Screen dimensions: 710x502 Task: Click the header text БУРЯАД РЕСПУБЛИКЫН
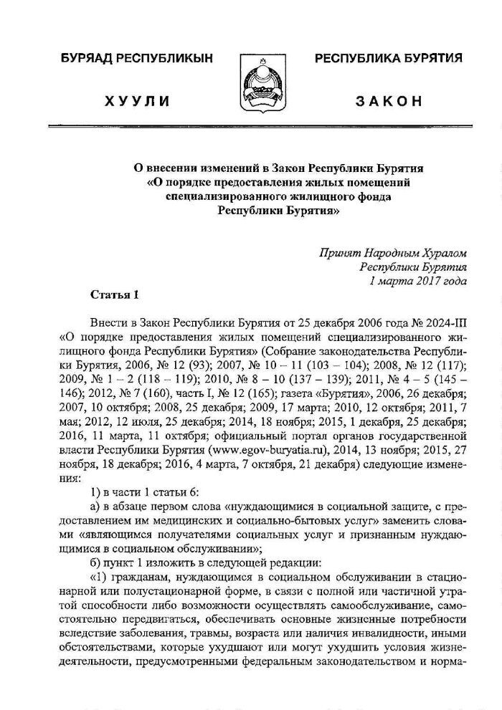tap(137, 57)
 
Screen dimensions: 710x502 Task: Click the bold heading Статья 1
tap(112, 294)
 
